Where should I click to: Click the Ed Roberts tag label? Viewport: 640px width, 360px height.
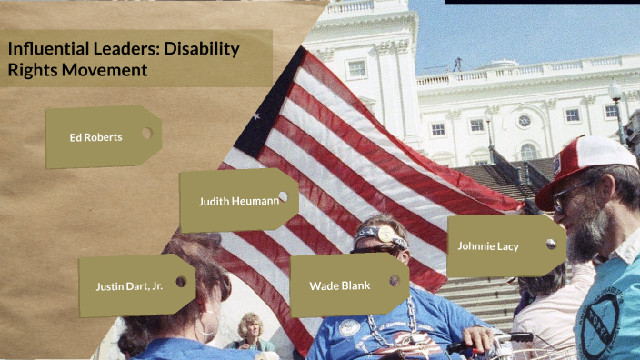click(x=95, y=137)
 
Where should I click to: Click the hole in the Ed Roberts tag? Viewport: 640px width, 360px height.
click(x=146, y=133)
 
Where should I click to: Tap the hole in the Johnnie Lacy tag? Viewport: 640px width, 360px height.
click(x=550, y=244)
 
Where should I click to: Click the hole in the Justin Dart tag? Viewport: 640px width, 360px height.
click(x=181, y=282)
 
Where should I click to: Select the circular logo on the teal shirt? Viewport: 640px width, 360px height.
click(x=604, y=322)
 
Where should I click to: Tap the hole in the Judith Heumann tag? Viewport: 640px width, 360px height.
click(x=283, y=196)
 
